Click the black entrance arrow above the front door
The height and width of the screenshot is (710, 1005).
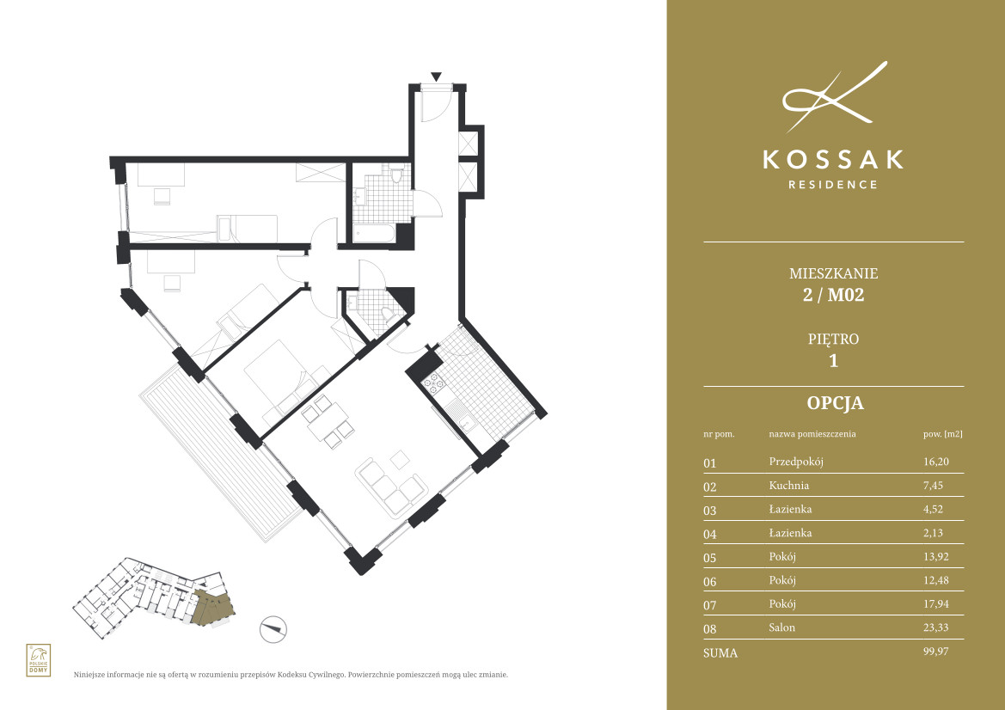pos(437,77)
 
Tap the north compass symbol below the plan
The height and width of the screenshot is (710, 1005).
pos(273,629)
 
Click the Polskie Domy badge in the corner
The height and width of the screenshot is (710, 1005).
pos(39,660)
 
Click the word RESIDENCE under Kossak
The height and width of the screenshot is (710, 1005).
pos(832,185)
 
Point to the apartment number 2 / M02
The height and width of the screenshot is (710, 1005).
pos(833,295)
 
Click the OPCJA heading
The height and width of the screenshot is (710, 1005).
pos(835,403)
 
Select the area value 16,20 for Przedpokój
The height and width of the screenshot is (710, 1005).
pos(935,462)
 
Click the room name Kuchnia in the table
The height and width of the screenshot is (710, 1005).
pos(788,485)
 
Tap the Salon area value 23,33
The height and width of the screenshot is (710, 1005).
pos(935,627)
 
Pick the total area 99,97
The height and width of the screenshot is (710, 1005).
pos(935,651)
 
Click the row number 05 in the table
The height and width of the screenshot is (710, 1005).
pos(709,558)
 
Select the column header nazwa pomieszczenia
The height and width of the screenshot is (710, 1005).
pos(812,434)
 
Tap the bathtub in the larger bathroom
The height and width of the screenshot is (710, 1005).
pos(375,234)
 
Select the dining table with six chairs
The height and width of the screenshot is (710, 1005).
pos(327,421)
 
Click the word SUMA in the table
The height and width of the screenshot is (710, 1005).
pos(720,653)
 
